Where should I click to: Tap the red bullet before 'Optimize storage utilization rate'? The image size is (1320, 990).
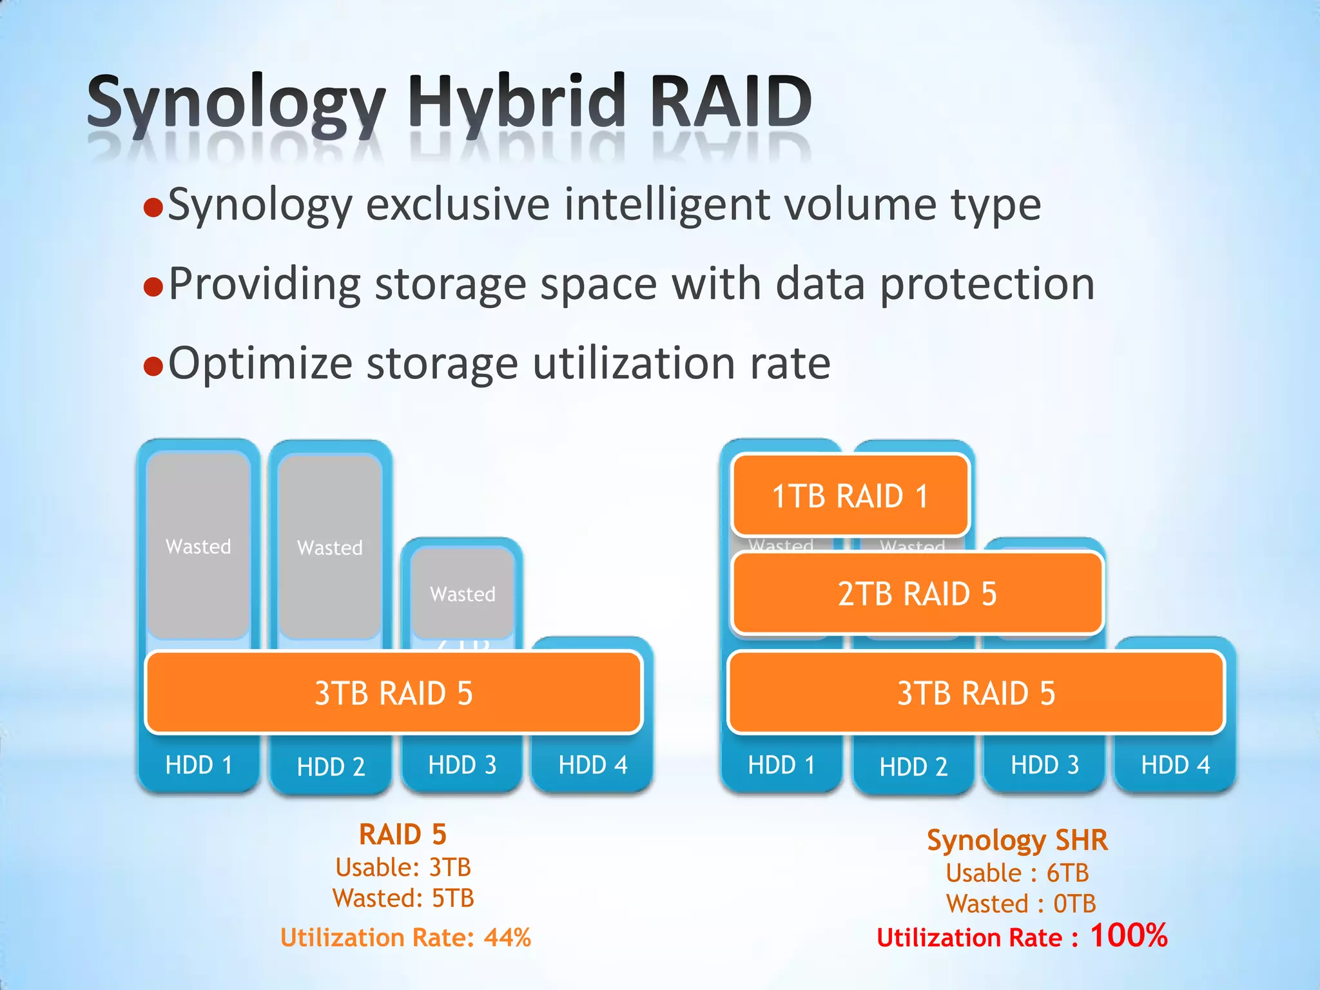coord(153,365)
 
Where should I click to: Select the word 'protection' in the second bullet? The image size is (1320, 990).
coord(987,284)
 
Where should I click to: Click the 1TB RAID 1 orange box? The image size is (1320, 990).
coord(851,496)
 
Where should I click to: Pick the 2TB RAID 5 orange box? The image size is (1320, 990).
coord(917,594)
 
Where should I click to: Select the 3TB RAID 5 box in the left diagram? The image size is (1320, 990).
coord(394,693)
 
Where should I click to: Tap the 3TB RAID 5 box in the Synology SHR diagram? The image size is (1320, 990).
coord(976,693)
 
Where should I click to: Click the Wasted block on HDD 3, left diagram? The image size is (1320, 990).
coord(463,594)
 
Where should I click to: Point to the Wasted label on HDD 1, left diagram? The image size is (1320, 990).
coord(199,547)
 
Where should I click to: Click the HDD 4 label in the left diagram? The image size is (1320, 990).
coord(593,765)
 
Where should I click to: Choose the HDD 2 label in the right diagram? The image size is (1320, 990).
coord(913,766)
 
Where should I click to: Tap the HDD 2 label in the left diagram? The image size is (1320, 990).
coord(331,766)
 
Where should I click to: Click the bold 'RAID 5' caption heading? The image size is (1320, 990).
coord(403,835)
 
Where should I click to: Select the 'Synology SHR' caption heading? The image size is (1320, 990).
coord(1017,840)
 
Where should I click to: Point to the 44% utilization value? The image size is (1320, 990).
coord(508,937)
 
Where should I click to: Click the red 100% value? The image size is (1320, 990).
coord(1129,935)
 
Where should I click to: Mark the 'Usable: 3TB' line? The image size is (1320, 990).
coord(403,868)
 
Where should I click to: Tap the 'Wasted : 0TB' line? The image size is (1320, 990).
coord(1021,904)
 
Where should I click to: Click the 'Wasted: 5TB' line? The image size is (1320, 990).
coord(403,898)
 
